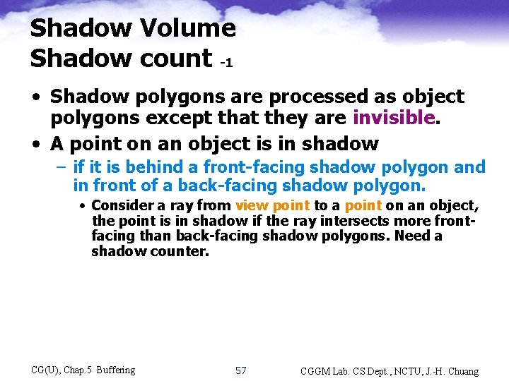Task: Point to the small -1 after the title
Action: click(226, 63)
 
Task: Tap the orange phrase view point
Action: click(272, 205)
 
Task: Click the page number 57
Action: click(240, 370)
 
